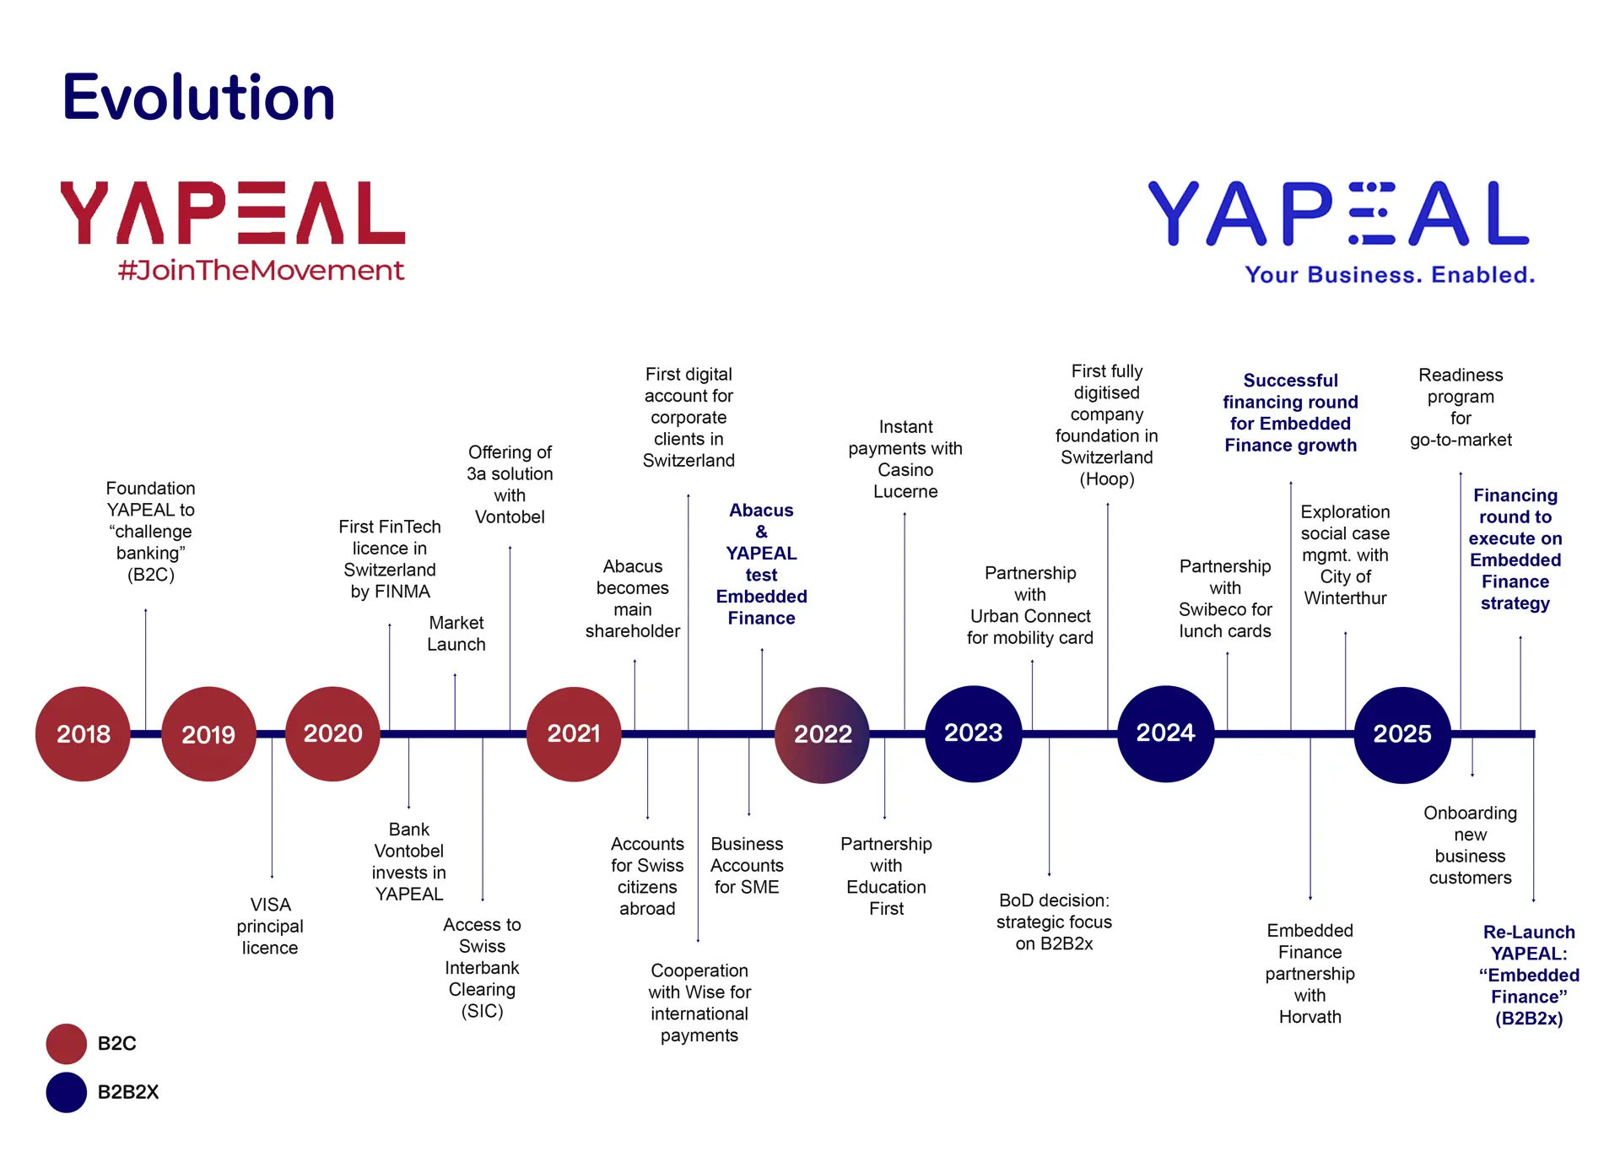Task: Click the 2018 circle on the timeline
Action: pos(83,734)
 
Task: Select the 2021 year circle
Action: pos(574,734)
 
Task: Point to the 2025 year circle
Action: pos(1402,734)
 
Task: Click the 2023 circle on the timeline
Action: pos(974,733)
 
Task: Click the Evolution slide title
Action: pos(199,97)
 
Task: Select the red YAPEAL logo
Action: pos(233,214)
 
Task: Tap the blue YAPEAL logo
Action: pos(1339,214)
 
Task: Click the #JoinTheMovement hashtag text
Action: pos(262,271)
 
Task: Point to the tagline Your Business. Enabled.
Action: pos(1390,275)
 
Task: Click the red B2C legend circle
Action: pos(67,1044)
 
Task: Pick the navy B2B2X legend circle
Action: pos(67,1092)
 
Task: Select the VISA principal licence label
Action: pos(270,926)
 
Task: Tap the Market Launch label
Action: pos(456,634)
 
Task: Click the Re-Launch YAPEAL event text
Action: pos(1529,975)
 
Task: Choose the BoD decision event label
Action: pos(1054,922)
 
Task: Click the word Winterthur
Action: pos(1345,598)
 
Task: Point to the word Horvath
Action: pos(1309,1017)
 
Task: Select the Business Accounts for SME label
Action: pos(747,866)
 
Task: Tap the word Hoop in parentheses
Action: pos(1107,479)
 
